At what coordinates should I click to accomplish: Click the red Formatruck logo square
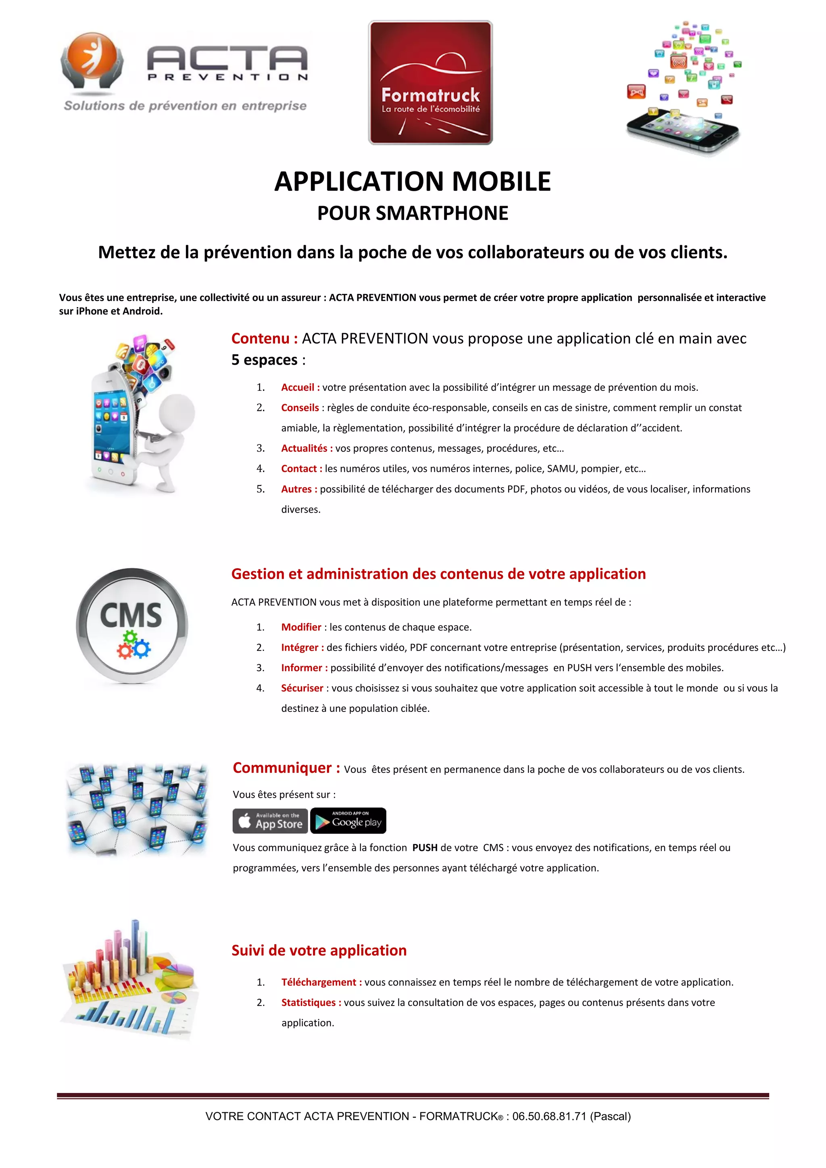click(430, 82)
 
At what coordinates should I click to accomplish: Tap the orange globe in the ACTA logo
click(92, 54)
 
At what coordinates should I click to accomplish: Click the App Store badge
click(270, 821)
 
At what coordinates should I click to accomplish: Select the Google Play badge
click(348, 821)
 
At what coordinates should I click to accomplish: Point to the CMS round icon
click(132, 625)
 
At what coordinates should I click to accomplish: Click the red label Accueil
click(298, 387)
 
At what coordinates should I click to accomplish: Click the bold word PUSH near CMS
click(425, 847)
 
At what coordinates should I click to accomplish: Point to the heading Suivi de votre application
click(319, 950)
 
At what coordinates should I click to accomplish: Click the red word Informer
click(302, 667)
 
